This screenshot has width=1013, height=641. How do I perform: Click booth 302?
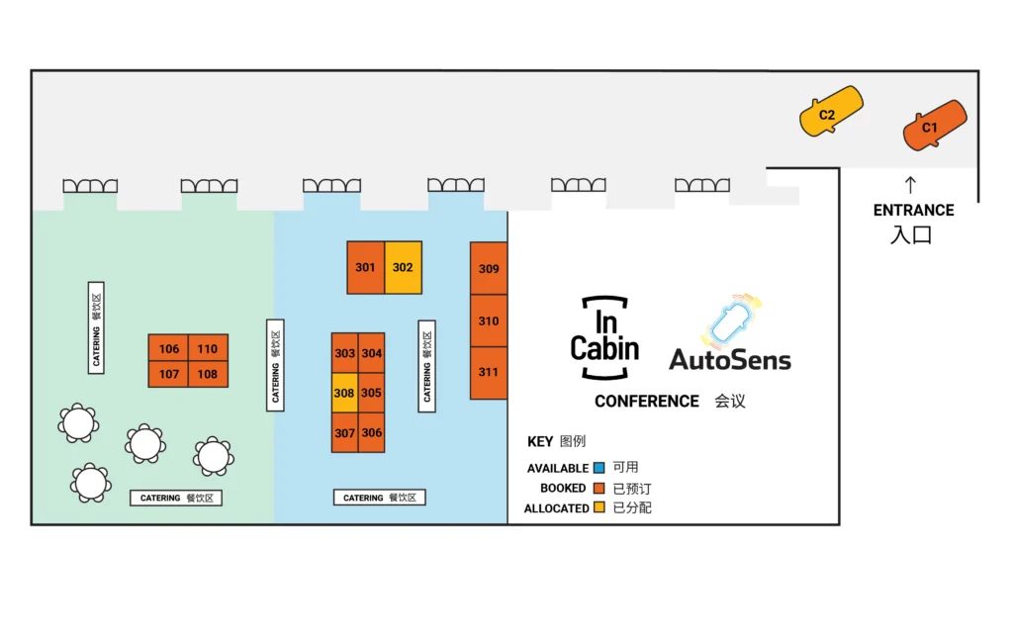click(403, 267)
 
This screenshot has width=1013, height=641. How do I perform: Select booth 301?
click(366, 267)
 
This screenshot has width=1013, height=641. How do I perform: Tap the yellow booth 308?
click(344, 393)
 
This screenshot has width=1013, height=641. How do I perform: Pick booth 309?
click(489, 268)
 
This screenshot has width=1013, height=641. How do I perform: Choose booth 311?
click(489, 373)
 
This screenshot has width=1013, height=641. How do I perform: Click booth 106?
click(169, 348)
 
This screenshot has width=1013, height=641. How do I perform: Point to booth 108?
click(207, 374)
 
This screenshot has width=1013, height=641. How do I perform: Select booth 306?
click(371, 432)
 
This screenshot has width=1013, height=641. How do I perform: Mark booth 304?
click(371, 353)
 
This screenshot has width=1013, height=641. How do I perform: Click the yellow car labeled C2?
click(830, 113)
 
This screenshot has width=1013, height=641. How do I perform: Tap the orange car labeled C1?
click(933, 126)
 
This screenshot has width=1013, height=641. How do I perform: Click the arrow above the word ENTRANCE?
click(911, 184)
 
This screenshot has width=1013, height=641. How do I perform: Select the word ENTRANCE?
click(913, 210)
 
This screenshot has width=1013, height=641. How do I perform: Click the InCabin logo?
click(604, 337)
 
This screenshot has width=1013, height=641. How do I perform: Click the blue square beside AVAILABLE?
click(599, 468)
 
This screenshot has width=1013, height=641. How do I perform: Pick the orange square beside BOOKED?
click(599, 488)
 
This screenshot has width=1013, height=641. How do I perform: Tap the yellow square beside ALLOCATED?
click(599, 507)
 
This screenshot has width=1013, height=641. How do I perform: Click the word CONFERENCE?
click(646, 401)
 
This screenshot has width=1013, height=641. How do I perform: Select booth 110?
click(207, 348)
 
